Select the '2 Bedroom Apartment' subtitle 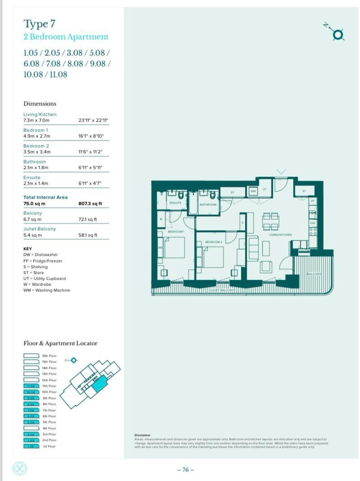[66, 37]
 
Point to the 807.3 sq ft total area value [90, 204]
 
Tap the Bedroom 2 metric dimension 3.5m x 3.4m [37, 152]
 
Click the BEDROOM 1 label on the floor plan [176, 231]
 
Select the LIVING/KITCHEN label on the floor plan [280, 235]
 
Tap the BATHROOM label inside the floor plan [208, 204]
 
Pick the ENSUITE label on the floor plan [175, 203]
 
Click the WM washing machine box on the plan [253, 191]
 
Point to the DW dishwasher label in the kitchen [313, 222]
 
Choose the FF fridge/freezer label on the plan [313, 201]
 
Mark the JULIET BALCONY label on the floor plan [222, 291]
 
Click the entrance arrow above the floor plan [281, 172]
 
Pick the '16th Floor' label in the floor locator [49, 356]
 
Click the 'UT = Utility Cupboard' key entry [44, 278]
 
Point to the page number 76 [185, 470]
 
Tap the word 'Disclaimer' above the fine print [142, 435]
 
